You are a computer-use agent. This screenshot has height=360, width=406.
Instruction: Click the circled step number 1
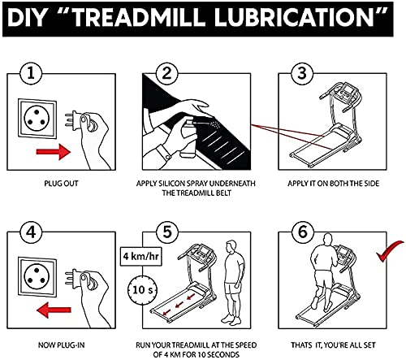click(31, 73)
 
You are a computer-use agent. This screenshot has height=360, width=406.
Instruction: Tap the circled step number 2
click(166, 73)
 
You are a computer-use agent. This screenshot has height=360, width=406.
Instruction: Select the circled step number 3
click(302, 73)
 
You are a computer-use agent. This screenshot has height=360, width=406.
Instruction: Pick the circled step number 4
click(31, 232)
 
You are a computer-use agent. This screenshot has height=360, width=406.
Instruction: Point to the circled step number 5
click(166, 232)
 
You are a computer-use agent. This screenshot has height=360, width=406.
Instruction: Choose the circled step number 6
click(302, 232)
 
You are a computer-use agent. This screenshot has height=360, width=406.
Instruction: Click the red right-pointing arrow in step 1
click(54, 151)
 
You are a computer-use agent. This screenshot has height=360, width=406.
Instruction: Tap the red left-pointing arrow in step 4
click(54, 310)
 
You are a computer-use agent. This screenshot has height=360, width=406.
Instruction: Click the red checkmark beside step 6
click(389, 251)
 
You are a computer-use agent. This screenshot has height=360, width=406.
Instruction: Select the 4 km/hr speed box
click(140, 256)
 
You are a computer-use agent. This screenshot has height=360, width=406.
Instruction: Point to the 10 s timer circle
click(143, 290)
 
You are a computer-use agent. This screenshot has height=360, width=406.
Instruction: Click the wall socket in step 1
click(37, 118)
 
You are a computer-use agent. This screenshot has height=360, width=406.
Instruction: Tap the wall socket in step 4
click(37, 277)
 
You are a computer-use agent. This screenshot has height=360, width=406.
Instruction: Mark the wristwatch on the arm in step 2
click(164, 152)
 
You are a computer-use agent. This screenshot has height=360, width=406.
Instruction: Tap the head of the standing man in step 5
click(231, 246)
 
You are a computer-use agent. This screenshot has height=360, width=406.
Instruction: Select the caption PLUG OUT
click(61, 184)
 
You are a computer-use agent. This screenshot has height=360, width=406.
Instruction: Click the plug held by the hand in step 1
click(79, 121)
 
